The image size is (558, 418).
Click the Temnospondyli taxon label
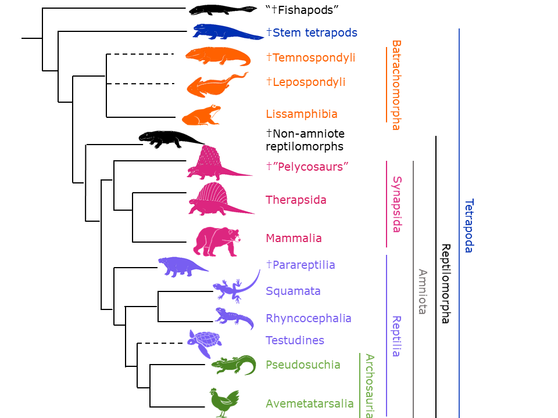[311, 57]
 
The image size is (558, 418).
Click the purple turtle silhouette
[203, 343]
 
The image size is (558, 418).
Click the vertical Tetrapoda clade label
[469, 226]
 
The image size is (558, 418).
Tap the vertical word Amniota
[423, 291]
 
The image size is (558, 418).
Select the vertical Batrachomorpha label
[396, 85]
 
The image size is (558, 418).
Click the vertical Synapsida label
[396, 204]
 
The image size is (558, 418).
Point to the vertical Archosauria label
[369, 385]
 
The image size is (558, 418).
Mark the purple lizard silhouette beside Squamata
[235, 287]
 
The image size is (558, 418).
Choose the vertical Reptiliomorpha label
[446, 283]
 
